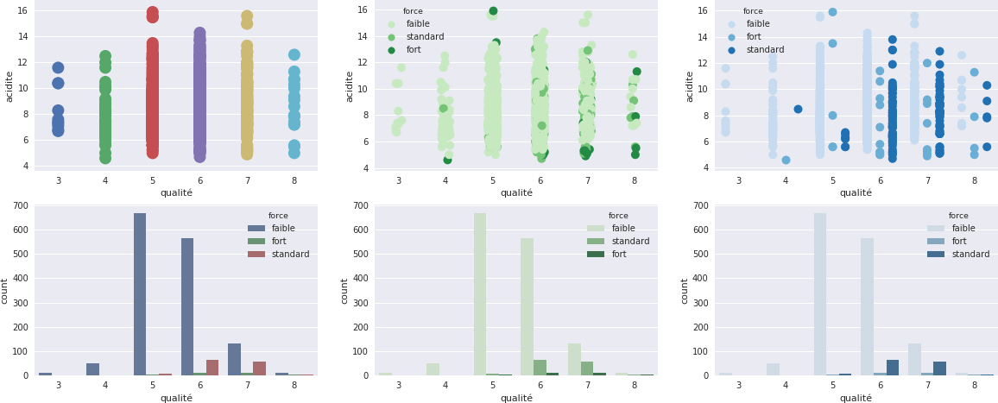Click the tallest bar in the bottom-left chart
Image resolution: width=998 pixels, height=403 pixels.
coord(140,294)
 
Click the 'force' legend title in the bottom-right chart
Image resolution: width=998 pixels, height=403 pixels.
coord(958,216)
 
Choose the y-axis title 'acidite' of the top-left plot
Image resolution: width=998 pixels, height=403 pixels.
coord(9,86)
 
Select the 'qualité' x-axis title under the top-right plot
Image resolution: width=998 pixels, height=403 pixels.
coord(856,193)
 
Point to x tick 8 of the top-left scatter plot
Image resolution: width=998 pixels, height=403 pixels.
coord(294,180)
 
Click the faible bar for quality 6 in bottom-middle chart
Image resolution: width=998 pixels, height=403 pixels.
coord(527,307)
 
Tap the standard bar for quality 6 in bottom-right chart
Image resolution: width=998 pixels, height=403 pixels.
coord(893,368)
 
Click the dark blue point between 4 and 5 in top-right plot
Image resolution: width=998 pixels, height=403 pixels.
coord(798,110)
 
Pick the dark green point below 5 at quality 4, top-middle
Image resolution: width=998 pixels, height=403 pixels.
coord(447,160)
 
